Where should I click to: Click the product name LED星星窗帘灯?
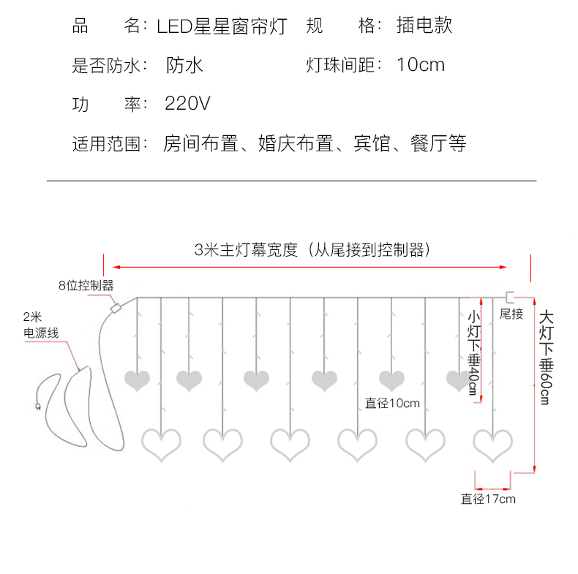click(x=222, y=26)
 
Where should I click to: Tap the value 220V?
click(x=187, y=103)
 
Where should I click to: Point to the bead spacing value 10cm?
click(x=421, y=65)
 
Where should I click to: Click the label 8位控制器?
click(x=86, y=284)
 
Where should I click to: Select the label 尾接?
click(x=511, y=314)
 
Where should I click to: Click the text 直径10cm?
click(x=392, y=403)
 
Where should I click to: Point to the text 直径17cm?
click(x=488, y=499)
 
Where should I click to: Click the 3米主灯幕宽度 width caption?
click(x=311, y=249)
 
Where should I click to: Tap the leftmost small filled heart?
click(x=138, y=380)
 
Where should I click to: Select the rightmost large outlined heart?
click(x=492, y=444)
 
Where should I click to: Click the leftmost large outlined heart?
click(x=160, y=444)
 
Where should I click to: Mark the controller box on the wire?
click(x=115, y=309)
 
